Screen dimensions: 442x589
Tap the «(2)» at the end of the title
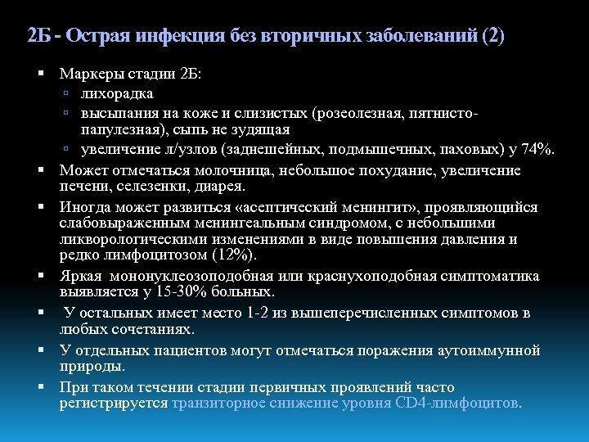[493, 36]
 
